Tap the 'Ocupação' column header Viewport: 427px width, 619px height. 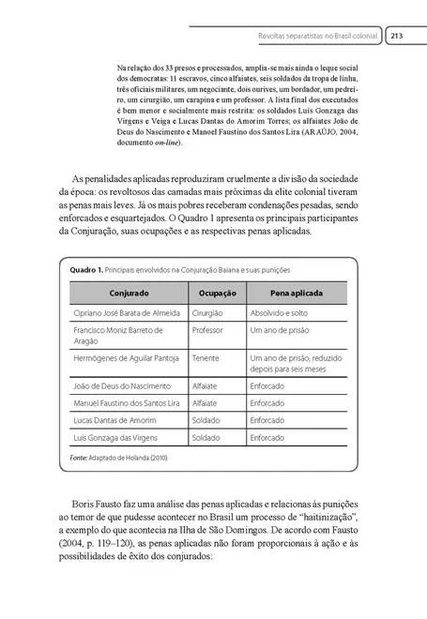(x=215, y=293)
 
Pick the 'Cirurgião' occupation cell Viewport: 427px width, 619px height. (x=209, y=312)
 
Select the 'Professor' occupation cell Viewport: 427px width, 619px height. (x=209, y=331)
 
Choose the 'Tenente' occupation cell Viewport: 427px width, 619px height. (x=206, y=358)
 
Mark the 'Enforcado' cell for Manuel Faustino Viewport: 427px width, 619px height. (x=273, y=403)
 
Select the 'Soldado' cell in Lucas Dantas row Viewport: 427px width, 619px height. (x=207, y=420)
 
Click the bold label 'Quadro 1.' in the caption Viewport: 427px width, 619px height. (x=87, y=269)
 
